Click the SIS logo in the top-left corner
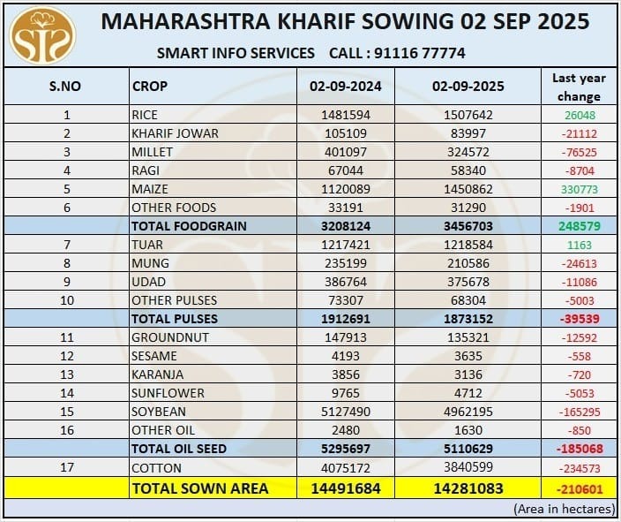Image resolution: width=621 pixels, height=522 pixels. (x=42, y=35)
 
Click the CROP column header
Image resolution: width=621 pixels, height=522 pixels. (x=150, y=87)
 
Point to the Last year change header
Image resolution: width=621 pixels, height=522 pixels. (x=579, y=87)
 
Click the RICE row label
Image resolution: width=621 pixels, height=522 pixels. (x=144, y=115)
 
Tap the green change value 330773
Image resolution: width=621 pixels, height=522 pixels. (x=579, y=189)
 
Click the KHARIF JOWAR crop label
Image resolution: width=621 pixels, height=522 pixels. (x=175, y=133)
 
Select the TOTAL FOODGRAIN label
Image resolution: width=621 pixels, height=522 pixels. (x=189, y=226)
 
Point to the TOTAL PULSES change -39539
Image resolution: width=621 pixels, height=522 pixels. (x=579, y=318)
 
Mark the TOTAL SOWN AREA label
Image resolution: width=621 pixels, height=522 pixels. (x=199, y=488)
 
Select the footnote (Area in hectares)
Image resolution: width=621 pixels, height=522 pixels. (x=562, y=510)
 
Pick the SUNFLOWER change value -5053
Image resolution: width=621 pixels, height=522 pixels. (x=579, y=393)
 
